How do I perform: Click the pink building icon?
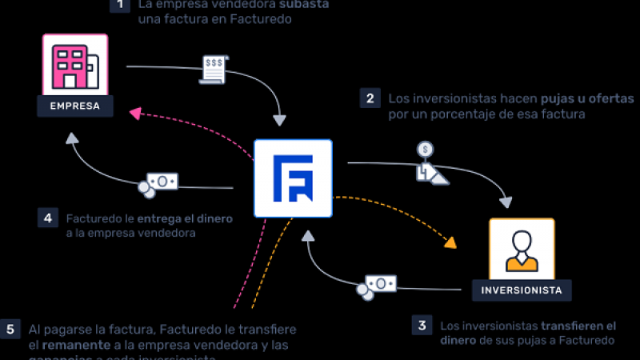pos(74,63)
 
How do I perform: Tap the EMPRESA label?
pos(74,106)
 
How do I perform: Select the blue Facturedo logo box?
pos(293,178)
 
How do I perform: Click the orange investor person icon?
pos(521,249)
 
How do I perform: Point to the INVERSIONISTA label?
pos(521,290)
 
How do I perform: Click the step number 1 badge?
pos(119,5)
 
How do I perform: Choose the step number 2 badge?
pos(370,98)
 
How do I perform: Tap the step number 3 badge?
pos(421,325)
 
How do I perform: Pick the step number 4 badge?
pos(47,218)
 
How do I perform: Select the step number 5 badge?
pos(10,329)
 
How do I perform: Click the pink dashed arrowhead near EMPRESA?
pos(136,114)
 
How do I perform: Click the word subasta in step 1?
pos(303,4)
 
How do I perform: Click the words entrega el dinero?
pos(183,218)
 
